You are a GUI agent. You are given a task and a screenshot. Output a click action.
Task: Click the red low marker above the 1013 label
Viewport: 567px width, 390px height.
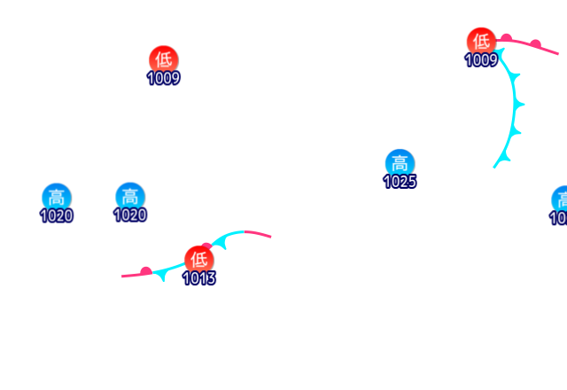pos(199,259)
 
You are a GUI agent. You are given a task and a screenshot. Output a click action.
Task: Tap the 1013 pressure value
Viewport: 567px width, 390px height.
pos(199,278)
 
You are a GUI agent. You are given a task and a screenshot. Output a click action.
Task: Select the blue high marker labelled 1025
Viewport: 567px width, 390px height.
pos(400,163)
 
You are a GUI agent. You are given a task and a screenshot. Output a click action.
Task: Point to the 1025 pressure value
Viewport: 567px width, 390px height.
pos(400,182)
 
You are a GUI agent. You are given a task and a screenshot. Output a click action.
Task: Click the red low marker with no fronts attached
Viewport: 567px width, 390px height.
pos(163,59)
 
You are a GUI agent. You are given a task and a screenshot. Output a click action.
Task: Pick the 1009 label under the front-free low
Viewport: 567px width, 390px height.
pos(163,78)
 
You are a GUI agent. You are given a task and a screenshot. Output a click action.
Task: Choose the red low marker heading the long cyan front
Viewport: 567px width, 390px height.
pos(481,41)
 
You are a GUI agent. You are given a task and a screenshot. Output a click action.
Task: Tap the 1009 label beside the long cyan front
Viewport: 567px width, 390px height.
pos(481,60)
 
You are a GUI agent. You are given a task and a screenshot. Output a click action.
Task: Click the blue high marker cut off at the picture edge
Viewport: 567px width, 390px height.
pos(561,199)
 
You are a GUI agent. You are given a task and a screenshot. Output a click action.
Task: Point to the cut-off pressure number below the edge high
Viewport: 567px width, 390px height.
pos(559,218)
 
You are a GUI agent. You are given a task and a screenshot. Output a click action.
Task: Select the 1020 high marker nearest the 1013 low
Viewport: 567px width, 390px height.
pos(130,196)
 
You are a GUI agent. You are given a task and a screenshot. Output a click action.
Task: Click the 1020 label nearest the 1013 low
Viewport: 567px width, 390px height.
pos(130,214)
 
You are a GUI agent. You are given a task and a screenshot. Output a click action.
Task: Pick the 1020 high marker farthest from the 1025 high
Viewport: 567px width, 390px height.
pos(57,196)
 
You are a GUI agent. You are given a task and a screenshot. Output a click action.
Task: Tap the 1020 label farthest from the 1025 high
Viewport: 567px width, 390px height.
pos(57,214)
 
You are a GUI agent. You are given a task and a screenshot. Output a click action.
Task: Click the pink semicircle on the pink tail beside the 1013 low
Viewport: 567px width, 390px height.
pos(146,270)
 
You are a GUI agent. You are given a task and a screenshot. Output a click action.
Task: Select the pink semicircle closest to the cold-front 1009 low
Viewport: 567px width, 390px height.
pos(506,38)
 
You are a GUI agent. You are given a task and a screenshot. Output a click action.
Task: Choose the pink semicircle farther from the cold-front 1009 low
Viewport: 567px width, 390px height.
pos(536,43)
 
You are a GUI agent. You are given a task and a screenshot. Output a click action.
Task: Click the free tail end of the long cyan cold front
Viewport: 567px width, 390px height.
pos(494,168)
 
